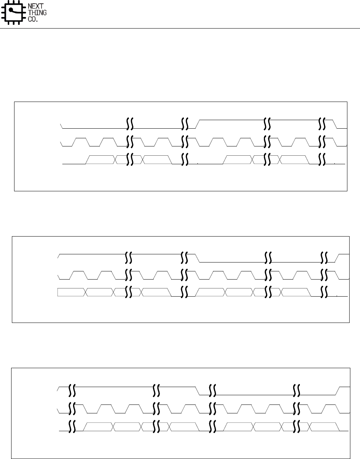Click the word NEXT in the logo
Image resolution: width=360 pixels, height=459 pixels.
coord(36,6)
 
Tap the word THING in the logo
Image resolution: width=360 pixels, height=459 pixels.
coord(37,13)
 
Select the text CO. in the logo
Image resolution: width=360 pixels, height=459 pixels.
coord(33,19)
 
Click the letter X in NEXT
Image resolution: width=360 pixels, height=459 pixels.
coord(38,6)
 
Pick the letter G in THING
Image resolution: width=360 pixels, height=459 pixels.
coord(45,13)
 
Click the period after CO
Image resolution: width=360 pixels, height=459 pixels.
coord(37,20)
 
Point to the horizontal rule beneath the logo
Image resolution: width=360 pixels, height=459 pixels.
coord(180,28)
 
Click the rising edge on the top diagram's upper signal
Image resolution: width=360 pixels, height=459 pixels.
coord(198,124)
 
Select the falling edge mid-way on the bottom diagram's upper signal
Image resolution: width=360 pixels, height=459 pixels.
coord(198,391)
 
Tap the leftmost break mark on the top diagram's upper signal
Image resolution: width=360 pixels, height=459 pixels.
coord(130,124)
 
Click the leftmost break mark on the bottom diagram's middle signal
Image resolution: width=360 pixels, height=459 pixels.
coord(72,407)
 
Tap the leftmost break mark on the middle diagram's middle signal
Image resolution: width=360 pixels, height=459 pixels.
coord(129,275)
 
